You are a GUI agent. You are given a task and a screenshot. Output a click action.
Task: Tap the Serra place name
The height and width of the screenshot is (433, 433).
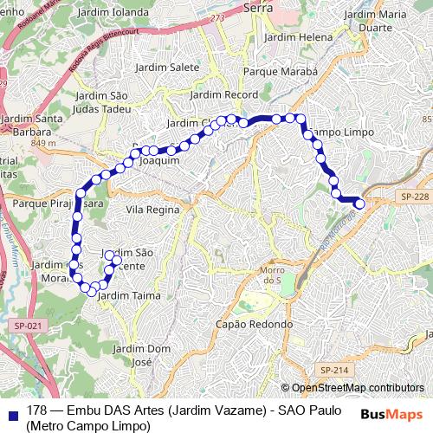click(x=259, y=7)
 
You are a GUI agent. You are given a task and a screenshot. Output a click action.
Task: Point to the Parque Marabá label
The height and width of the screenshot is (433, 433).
click(x=281, y=71)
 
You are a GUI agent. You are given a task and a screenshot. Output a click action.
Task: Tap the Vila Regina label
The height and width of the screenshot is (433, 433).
click(x=153, y=210)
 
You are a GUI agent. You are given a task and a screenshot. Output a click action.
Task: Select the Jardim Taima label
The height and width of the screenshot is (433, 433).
click(x=124, y=295)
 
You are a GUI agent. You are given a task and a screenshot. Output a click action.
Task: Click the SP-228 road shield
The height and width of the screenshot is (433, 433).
click(x=414, y=198)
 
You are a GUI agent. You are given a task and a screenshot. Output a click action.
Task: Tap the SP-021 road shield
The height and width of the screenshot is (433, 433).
click(x=26, y=325)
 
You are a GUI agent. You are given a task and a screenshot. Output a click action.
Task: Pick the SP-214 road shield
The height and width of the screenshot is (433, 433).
click(x=333, y=370)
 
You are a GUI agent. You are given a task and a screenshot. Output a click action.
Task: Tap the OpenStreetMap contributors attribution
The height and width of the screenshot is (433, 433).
click(x=357, y=388)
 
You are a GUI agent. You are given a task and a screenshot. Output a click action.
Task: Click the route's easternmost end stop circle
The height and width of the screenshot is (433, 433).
click(x=360, y=203)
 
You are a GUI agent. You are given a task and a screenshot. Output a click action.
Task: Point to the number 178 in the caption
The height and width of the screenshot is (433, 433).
click(x=36, y=410)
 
